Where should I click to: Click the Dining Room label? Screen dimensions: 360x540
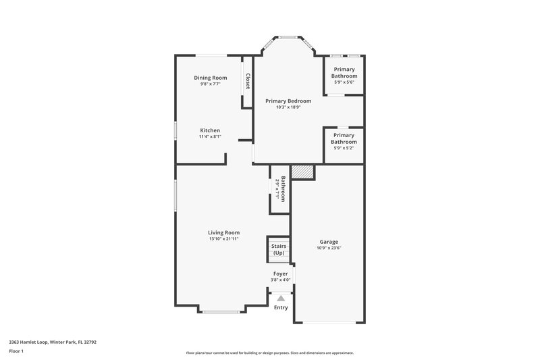[210, 78]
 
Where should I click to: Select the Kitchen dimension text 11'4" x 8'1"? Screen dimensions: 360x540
[210, 137]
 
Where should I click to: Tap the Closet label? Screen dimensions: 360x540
[248, 82]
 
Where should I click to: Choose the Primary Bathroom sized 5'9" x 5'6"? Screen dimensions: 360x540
[344, 72]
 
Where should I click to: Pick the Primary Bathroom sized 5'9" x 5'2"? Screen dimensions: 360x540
[344, 138]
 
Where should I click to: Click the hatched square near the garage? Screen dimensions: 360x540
[302, 172]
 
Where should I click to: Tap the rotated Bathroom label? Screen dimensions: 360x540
[283, 189]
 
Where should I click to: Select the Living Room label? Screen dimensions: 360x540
[223, 232]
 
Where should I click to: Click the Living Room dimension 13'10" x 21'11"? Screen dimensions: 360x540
[223, 239]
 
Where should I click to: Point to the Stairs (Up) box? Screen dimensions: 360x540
[279, 249]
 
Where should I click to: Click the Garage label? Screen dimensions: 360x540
[329, 241]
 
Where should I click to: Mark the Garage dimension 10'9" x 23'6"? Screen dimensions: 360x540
[329, 248]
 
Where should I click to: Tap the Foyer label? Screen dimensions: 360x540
[281, 274]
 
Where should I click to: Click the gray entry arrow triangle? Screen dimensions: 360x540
[281, 297]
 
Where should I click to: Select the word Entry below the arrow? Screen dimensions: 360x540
[281, 308]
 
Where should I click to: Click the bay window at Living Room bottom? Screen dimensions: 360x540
[223, 311]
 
